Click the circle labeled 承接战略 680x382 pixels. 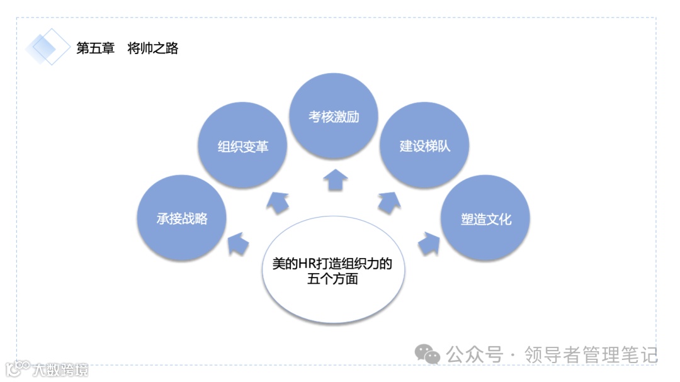(182, 218)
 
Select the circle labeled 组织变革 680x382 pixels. (243, 147)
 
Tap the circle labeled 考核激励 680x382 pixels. (334, 117)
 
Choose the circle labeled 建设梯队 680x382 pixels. (425, 147)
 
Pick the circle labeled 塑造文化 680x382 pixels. (485, 218)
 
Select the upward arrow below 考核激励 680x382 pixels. (335, 179)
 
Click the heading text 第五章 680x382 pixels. (96, 48)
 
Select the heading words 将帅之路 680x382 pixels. (153, 48)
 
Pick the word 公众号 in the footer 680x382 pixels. (474, 354)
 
